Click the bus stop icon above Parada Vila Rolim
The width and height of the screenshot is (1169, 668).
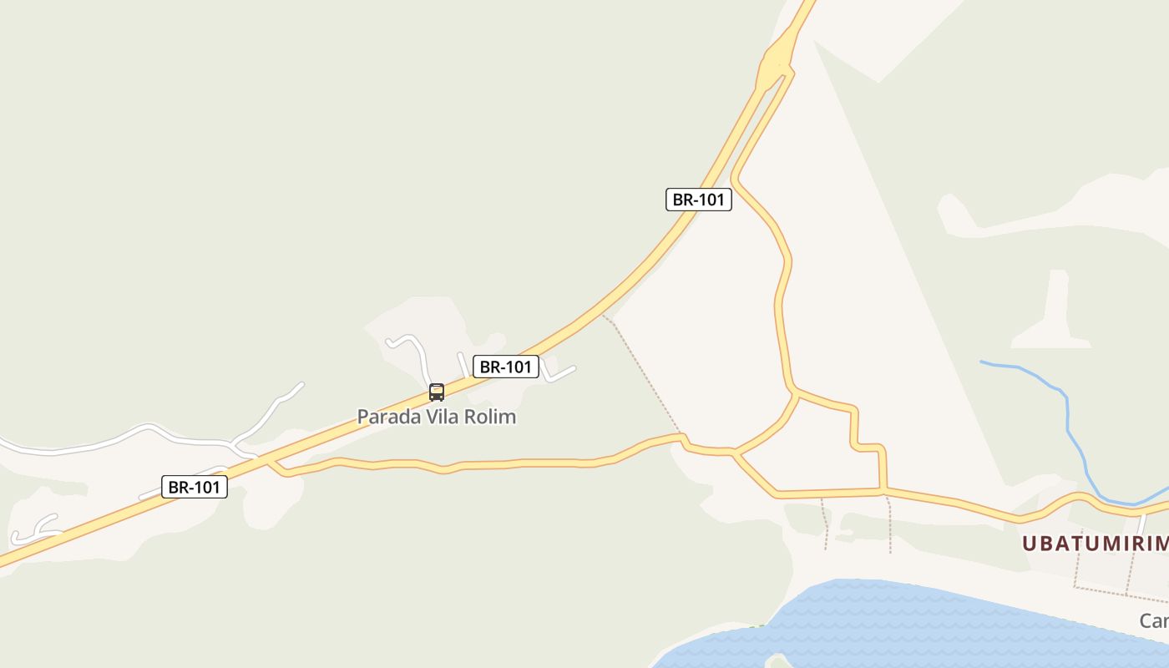[436, 392]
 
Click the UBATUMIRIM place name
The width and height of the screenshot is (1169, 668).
[1095, 544]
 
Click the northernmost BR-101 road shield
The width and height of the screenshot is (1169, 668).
[698, 200]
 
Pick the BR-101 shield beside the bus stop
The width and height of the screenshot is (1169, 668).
[505, 367]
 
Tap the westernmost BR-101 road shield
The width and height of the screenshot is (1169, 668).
[194, 487]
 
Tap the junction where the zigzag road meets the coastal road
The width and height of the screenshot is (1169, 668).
[883, 490]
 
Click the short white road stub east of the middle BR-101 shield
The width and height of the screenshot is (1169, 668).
[559, 374]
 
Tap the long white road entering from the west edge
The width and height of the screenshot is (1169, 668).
[125, 436]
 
